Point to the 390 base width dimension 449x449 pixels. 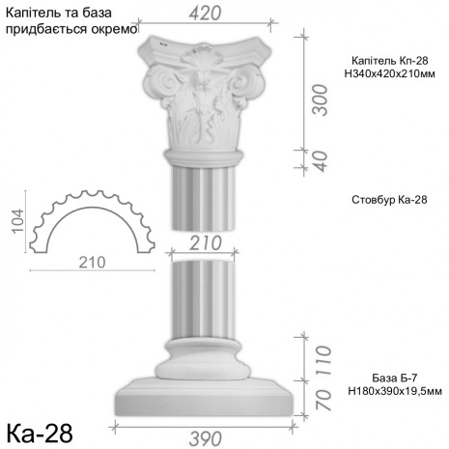(x=219, y=438)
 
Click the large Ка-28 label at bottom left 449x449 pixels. (x=40, y=427)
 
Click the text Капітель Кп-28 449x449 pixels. (x=385, y=59)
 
